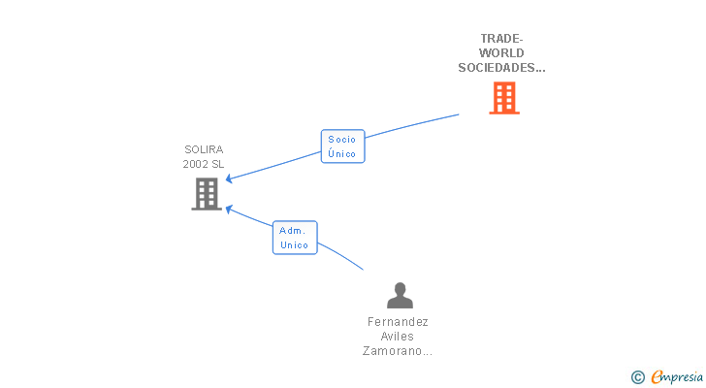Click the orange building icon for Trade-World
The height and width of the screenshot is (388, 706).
[x=503, y=98]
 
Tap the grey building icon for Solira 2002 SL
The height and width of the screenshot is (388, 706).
[x=207, y=194]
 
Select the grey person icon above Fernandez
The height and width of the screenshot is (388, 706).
[x=400, y=295]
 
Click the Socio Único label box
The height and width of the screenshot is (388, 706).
[x=342, y=146]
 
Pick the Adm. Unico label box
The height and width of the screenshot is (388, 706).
[x=294, y=238]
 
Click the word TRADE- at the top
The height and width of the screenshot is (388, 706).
[x=501, y=39]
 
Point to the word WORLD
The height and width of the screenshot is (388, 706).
[x=501, y=53]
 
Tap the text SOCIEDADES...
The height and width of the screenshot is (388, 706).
[x=501, y=68]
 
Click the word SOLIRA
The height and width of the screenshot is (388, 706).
[x=204, y=149]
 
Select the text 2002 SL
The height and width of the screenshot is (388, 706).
[x=204, y=164]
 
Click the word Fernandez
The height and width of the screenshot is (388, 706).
[x=398, y=321]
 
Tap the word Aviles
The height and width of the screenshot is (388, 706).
[x=398, y=336]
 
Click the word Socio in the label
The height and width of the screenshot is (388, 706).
[x=342, y=139]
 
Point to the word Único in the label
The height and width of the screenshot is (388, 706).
[x=342, y=153]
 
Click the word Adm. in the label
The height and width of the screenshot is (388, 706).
[x=292, y=230]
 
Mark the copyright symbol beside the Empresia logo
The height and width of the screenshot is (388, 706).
[x=638, y=376]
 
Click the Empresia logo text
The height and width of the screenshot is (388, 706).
[x=677, y=375]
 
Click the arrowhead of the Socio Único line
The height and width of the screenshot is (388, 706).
[x=229, y=178]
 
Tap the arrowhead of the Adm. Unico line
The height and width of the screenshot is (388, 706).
[x=229, y=208]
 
